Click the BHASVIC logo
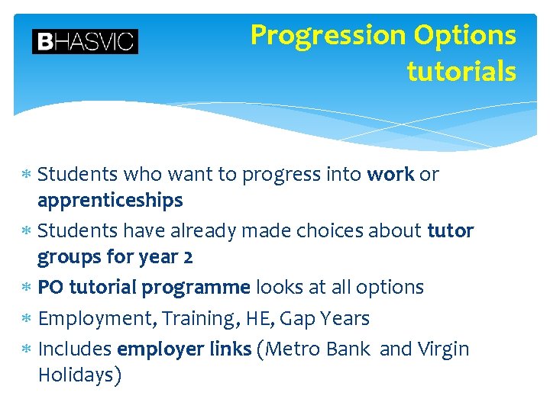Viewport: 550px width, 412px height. coord(85,41)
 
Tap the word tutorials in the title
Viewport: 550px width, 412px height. coord(461,72)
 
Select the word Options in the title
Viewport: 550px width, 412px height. coord(465,36)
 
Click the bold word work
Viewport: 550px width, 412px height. coord(390,175)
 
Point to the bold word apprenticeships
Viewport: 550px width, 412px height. coord(110,201)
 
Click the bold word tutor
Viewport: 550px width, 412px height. coord(451,230)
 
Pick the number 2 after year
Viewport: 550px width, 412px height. coord(188,257)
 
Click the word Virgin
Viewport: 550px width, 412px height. coord(443,349)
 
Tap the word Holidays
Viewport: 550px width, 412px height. coord(76,375)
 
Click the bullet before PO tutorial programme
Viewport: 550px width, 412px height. coord(25,288)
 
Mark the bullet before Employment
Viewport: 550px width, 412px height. coord(25,319)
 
